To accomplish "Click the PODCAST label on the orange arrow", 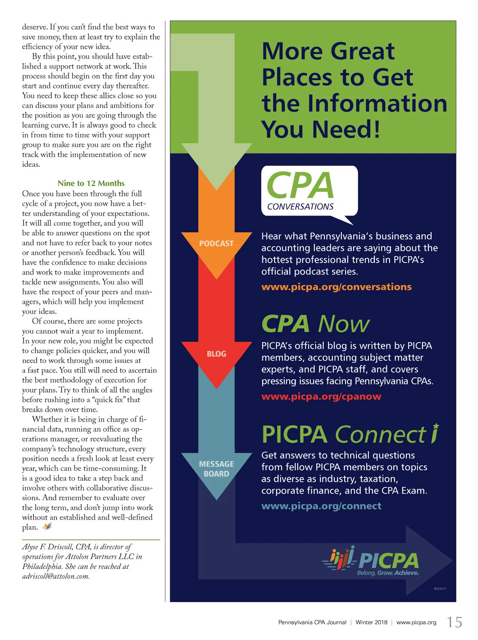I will pos(216,243).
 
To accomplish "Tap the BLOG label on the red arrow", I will pos(216,354).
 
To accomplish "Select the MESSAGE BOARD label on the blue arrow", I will pos(216,469).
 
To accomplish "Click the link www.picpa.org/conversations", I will pos(336,287).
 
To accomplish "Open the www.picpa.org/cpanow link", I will pos(321,397).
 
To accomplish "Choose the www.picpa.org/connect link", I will pos(321,506).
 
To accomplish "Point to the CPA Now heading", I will pos(315,324).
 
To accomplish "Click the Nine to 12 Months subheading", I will pos(91,183).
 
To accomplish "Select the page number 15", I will pos(454,622).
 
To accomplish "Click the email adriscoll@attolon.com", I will pos(56,576).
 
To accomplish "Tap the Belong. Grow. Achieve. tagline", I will pos(388,573).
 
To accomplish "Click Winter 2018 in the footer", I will pos(371,622).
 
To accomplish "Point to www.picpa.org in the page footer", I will pos(416,622).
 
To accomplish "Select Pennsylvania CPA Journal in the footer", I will pos(312,622).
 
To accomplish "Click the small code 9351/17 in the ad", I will pos(439,589).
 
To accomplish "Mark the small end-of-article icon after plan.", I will pos(47,527).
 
